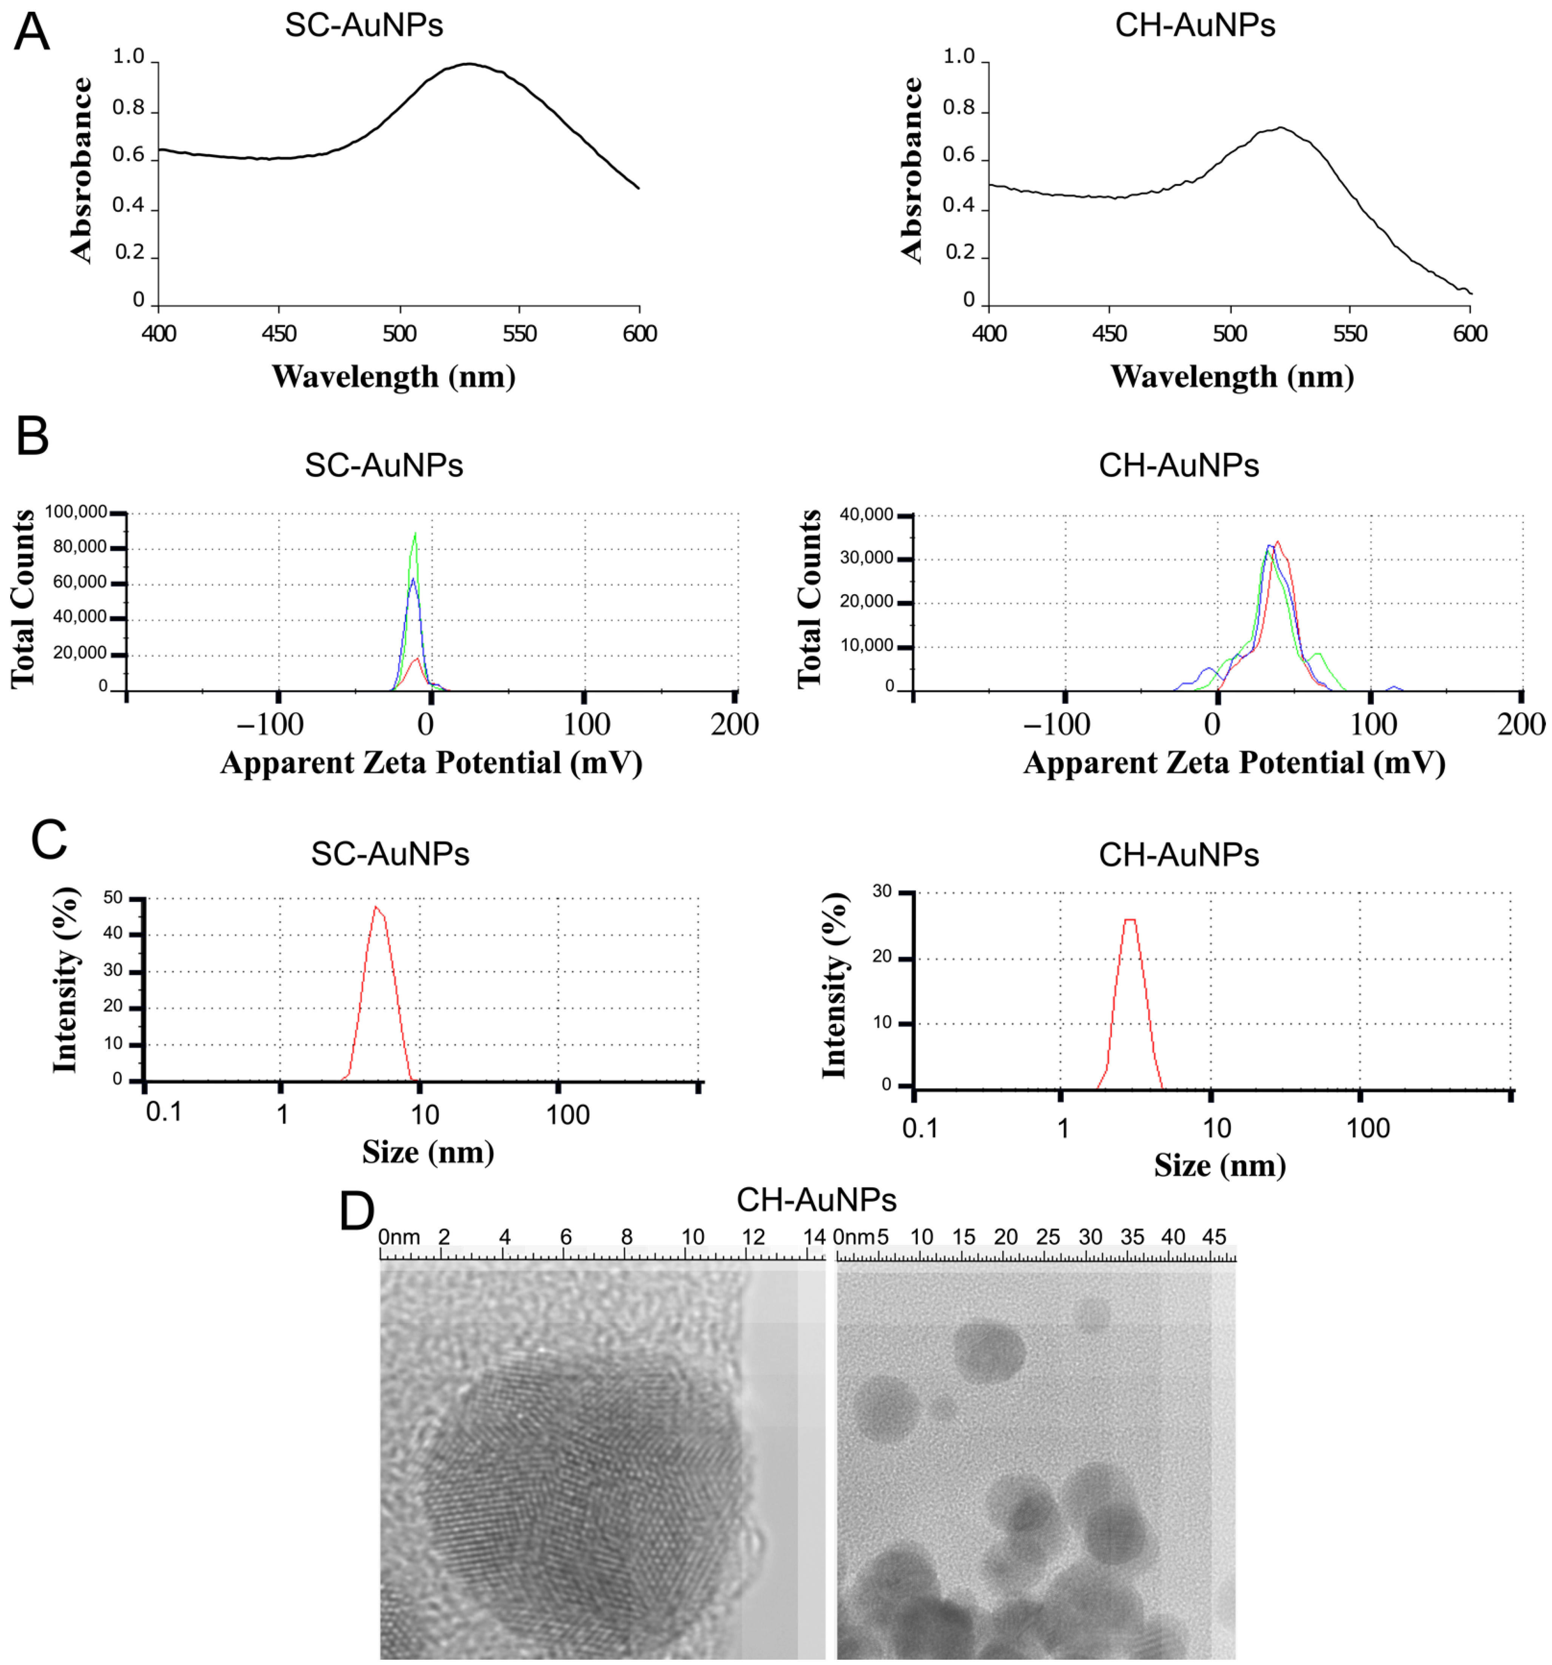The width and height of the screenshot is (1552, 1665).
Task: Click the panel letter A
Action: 32,34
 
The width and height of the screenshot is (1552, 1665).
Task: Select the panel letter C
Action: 49,840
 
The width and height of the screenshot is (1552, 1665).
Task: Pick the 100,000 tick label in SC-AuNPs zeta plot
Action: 76,512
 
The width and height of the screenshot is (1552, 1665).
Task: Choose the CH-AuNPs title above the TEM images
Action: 816,1200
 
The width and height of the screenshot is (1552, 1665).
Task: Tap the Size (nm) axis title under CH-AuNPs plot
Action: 1220,1165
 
